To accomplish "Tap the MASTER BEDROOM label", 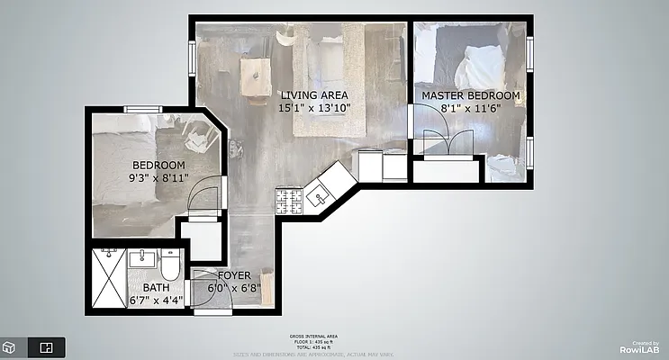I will (470, 95).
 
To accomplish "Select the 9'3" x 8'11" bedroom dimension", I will (158, 179).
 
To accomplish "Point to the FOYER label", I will (221, 275).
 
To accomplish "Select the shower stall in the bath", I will (108, 279).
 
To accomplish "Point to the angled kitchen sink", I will (319, 195).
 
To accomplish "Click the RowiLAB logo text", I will (638, 349).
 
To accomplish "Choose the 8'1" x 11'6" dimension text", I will (470, 108).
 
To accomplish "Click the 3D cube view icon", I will (9, 346).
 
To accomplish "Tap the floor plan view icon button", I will (47, 346).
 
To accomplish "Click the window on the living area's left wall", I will (192, 57).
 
